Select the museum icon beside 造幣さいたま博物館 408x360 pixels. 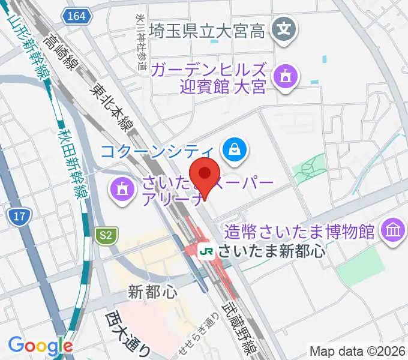(394, 230)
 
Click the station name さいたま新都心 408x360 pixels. (271, 250)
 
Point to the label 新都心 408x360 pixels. (153, 292)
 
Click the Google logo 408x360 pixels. (40, 345)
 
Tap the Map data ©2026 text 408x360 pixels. (356, 351)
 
